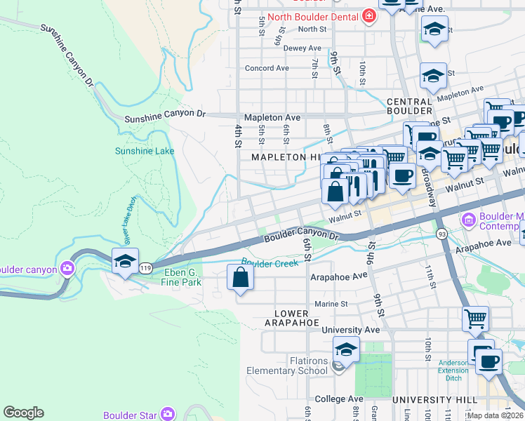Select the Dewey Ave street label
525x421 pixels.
303,48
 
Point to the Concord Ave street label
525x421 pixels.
267,68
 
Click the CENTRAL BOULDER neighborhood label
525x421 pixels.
409,106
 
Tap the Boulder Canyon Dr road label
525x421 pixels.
301,236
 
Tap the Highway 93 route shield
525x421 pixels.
441,234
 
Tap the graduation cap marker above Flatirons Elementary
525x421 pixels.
346,349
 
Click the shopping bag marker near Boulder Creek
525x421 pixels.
240,276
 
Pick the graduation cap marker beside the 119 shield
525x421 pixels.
125,261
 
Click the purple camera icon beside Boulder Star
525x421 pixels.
166,414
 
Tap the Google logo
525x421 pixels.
23,413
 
